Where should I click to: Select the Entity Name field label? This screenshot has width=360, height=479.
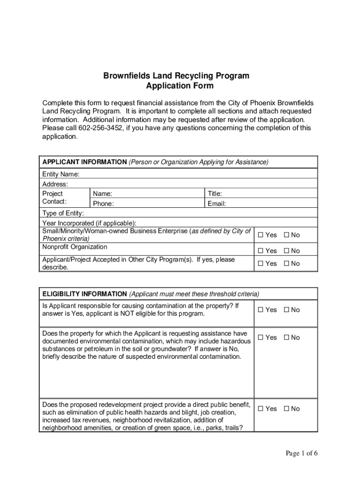pos(61,174)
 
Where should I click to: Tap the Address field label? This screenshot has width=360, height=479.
pos(55,184)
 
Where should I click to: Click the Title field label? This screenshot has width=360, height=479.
pos(215,194)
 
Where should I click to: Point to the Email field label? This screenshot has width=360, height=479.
pos(217,203)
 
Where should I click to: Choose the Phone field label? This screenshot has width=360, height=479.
pos(103,203)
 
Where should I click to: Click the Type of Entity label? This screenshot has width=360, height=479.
pos(63,213)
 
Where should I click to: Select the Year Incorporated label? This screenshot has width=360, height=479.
pos(89,223)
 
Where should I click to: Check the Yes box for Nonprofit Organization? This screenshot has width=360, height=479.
pos(261,251)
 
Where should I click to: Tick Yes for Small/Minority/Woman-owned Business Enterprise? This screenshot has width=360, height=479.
pos(261,235)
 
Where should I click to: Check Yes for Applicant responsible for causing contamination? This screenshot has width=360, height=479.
pos(261,310)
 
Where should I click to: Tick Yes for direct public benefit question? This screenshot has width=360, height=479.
pos(261,409)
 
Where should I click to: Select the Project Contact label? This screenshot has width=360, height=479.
pos(55,198)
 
